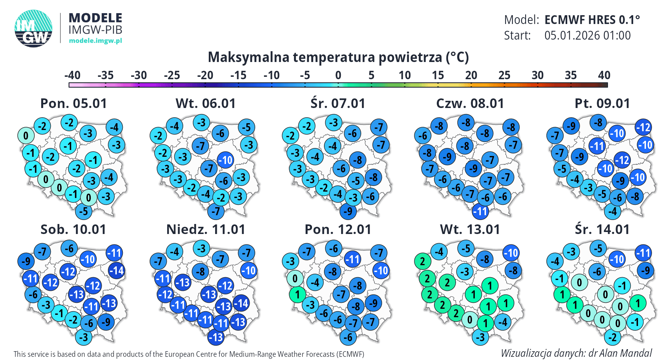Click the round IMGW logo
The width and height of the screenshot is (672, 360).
click(34, 28)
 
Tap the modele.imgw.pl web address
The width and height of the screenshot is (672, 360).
click(95, 40)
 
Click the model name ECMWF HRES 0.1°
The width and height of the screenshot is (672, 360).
click(592, 20)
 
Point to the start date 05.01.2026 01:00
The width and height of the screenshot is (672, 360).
click(587, 36)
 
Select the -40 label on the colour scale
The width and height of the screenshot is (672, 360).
click(72, 75)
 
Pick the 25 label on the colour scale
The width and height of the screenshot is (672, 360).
click(504, 75)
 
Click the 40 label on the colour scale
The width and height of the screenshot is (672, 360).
click(604, 75)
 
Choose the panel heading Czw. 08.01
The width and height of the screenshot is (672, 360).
click(470, 104)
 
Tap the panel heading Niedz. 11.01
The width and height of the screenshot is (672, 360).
click(206, 230)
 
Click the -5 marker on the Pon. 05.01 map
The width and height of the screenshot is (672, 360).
click(84, 211)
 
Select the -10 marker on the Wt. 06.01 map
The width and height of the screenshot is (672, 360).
click(226, 160)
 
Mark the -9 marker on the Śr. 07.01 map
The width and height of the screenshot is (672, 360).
click(348, 211)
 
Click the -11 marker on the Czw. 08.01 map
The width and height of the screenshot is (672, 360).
click(480, 211)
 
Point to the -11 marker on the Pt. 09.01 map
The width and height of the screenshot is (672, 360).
click(597, 146)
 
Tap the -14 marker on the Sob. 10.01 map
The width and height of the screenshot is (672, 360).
click(117, 270)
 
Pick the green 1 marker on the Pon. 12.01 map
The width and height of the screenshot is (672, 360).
click(297, 295)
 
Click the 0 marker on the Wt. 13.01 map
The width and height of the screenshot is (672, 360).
click(470, 320)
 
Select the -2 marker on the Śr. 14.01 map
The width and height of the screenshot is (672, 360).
click(612, 337)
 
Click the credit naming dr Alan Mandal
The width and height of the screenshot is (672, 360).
click(576, 353)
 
